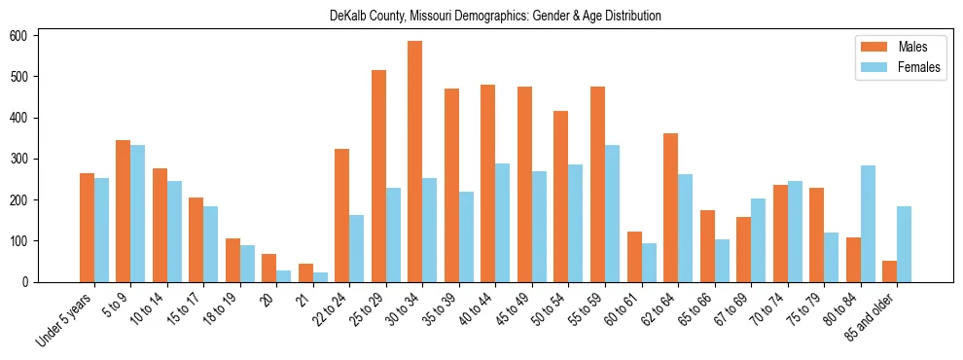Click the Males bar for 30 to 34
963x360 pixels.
(x=415, y=162)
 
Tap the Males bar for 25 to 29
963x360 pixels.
(x=378, y=176)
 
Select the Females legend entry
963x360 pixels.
(x=896, y=69)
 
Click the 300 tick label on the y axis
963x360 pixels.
(x=27, y=159)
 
